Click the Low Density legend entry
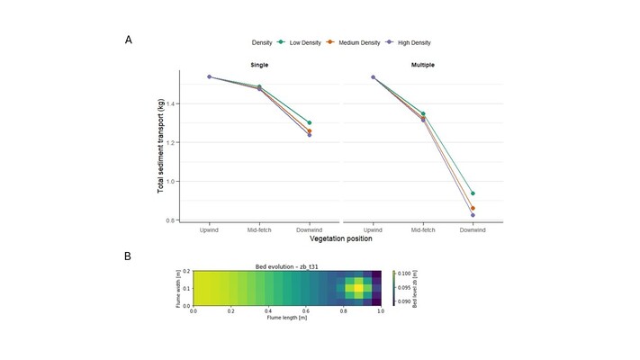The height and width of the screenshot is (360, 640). tap(305, 41)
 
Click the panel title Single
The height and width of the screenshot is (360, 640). tap(259, 65)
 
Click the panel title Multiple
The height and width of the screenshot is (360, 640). tap(423, 65)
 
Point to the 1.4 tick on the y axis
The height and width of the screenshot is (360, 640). tap(171, 103)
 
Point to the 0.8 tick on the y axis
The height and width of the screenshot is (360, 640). tap(171, 220)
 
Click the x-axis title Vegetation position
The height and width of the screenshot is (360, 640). tap(341, 238)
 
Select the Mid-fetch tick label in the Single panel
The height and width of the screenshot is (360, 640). tap(259, 229)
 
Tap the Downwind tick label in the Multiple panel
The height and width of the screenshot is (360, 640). tap(473, 229)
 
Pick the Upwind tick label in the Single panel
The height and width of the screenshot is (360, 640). tap(209, 229)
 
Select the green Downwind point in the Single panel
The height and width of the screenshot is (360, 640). tap(310, 122)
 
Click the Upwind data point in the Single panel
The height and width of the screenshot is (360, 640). tap(209, 77)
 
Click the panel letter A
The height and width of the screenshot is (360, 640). tap(129, 40)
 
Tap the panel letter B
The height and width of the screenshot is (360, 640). tap(129, 256)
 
